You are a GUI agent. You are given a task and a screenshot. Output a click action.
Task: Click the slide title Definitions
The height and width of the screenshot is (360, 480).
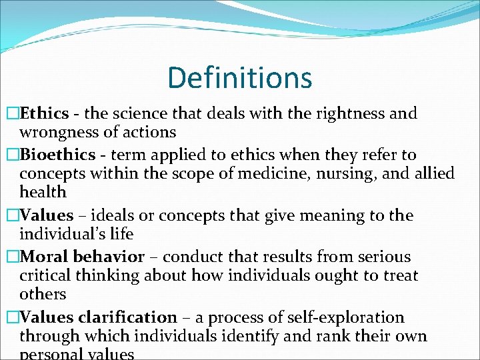coord(239,77)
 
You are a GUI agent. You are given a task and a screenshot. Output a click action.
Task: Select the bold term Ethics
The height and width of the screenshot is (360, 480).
coord(43,113)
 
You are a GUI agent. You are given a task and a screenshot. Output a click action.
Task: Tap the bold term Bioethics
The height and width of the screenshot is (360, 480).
coord(58,155)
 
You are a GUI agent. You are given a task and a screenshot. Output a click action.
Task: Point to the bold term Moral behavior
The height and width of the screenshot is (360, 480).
coord(82,257)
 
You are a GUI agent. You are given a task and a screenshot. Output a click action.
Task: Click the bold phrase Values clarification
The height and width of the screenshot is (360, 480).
coord(99,318)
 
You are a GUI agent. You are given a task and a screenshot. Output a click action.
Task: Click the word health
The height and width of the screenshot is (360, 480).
coord(43,193)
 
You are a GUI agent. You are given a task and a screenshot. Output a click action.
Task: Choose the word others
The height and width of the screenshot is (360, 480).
coord(43,295)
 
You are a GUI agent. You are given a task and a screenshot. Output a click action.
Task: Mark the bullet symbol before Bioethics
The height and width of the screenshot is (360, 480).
coord(12,155)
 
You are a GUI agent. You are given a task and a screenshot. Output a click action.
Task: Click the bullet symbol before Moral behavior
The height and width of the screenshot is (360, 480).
coord(12,257)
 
